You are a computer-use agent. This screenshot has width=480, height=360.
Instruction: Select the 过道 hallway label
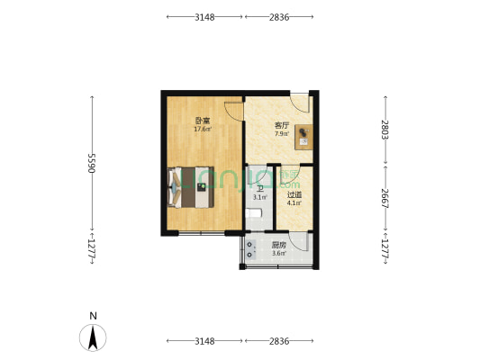pyautogui.click(x=294, y=194)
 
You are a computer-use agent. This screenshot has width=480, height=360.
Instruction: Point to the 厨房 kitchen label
pyautogui.click(x=278, y=245)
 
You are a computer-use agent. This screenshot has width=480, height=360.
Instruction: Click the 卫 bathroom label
pyautogui.click(x=259, y=189)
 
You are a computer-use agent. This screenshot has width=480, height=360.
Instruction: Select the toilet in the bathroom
pyautogui.click(x=255, y=213)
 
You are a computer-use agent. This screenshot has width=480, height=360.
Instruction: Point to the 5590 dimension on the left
pyautogui.click(x=91, y=163)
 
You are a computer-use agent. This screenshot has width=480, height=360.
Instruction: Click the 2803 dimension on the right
pyautogui.click(x=385, y=129)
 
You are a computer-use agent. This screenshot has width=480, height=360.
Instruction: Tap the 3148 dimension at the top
pyautogui.click(x=204, y=16)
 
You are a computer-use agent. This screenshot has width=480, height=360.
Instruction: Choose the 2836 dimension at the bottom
pyautogui.click(x=278, y=341)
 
